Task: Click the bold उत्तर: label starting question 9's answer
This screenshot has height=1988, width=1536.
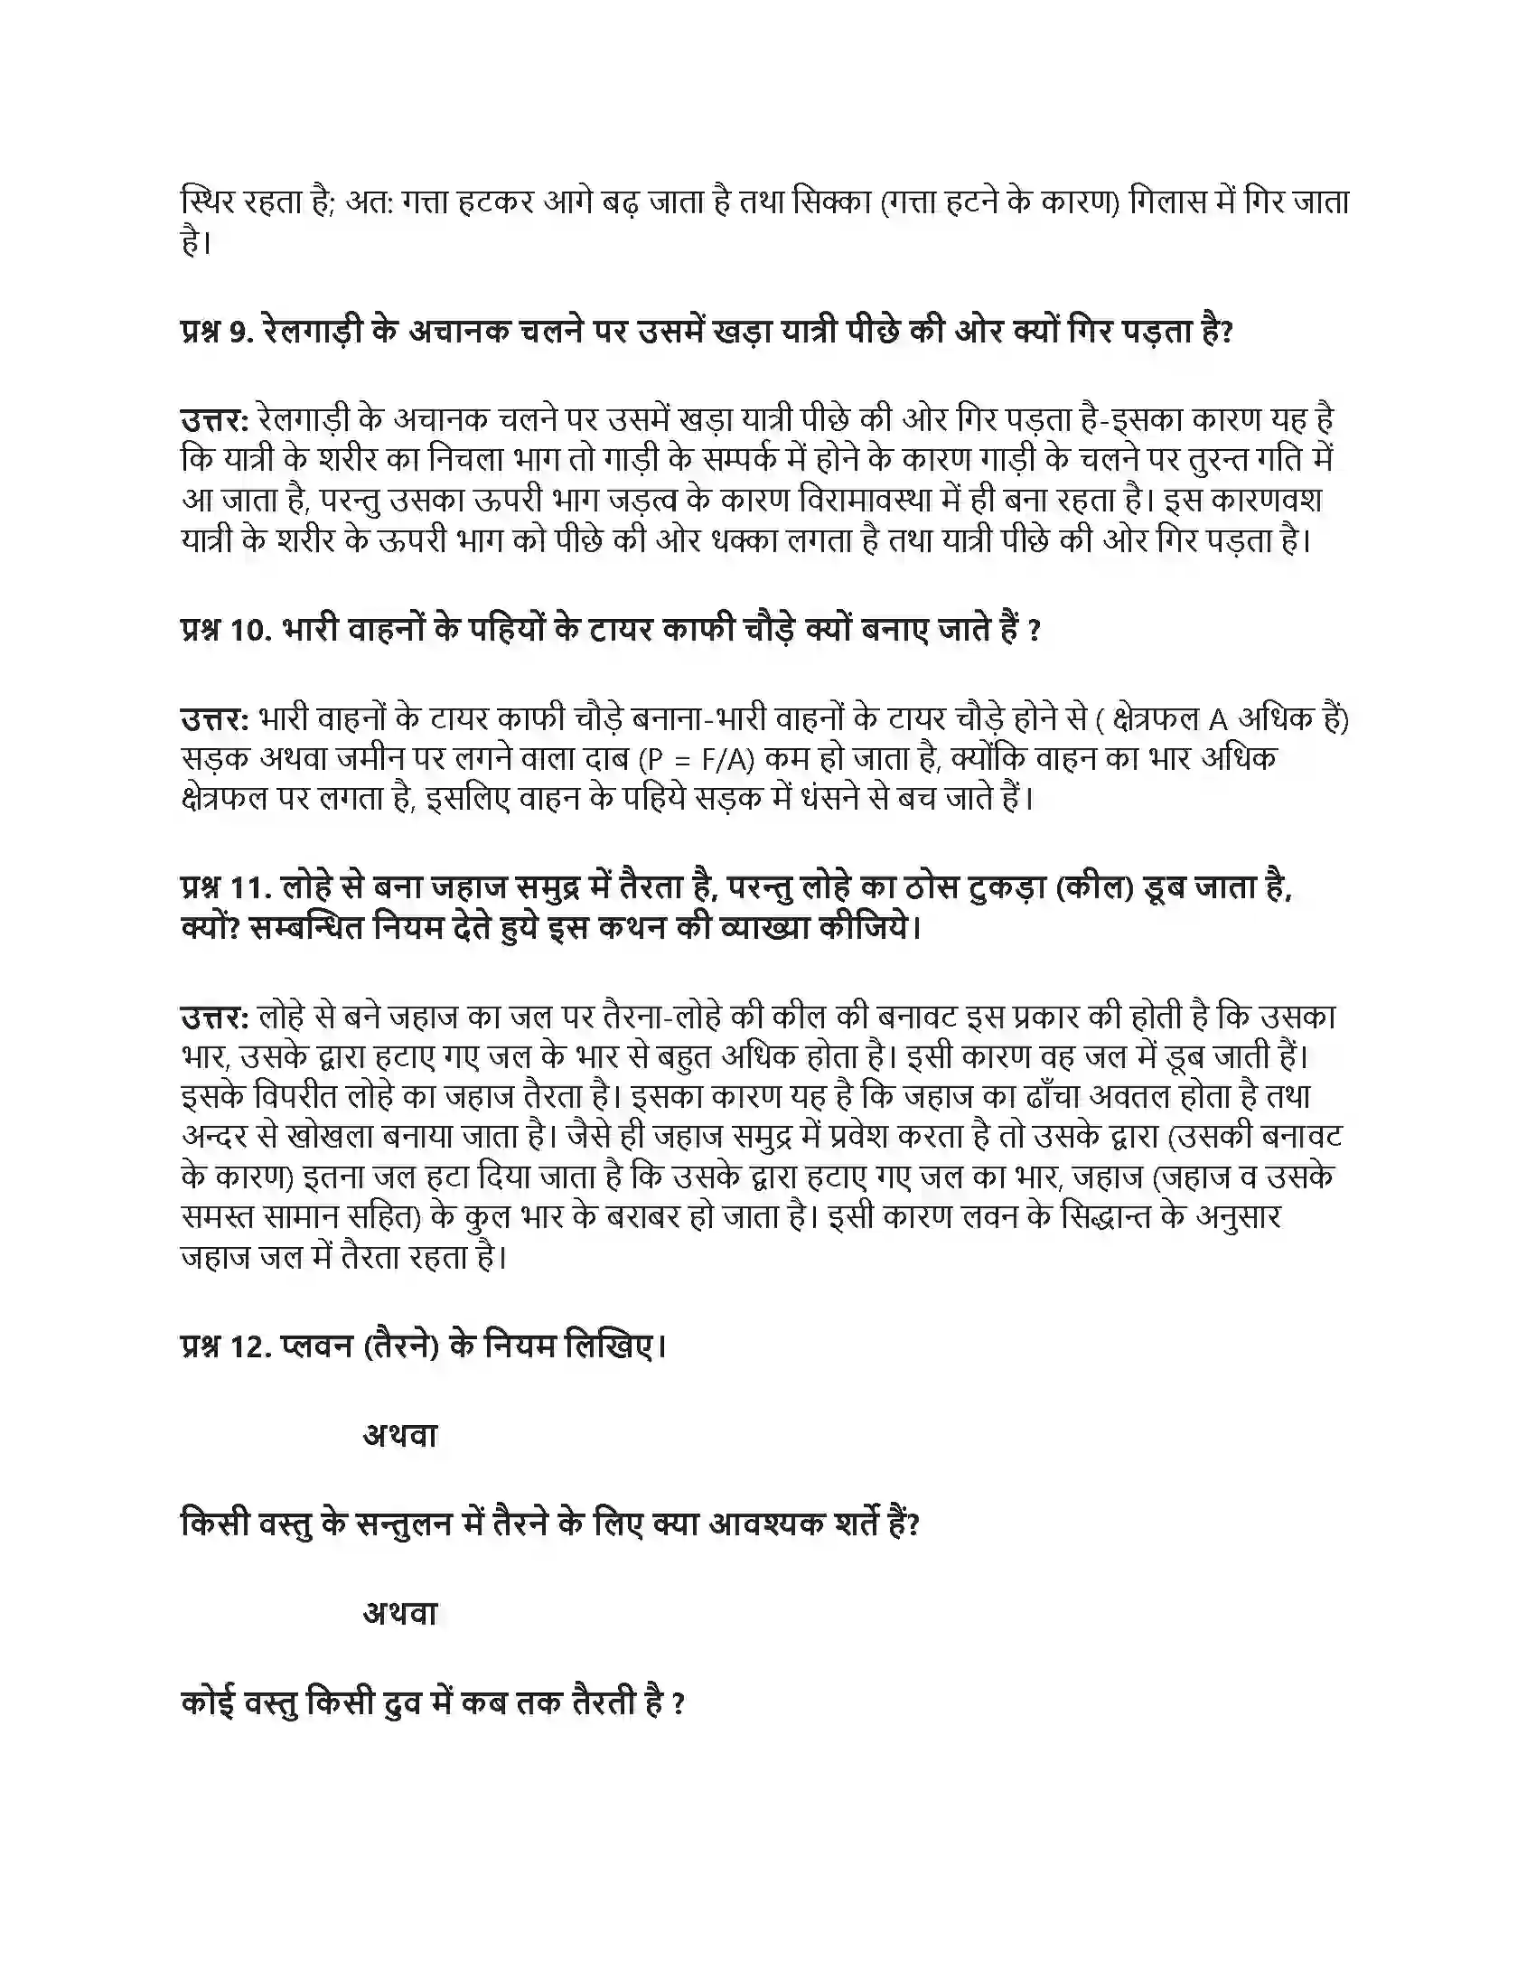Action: click(x=215, y=419)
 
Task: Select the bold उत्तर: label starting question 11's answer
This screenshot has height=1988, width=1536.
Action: click(x=215, y=1017)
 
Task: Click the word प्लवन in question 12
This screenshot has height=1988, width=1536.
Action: click(x=317, y=1346)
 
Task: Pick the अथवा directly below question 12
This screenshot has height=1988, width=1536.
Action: click(x=400, y=1436)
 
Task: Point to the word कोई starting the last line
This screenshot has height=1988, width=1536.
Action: click(x=209, y=1702)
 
